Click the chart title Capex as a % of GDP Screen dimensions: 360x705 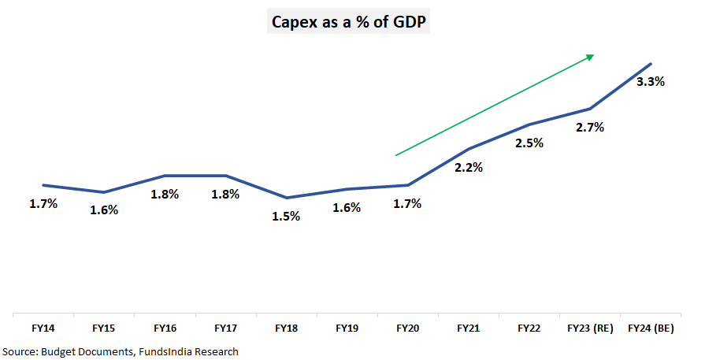(x=350, y=23)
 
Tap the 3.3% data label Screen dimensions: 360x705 (x=651, y=81)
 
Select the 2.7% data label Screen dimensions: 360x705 (x=590, y=127)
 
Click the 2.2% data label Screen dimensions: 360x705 (x=469, y=167)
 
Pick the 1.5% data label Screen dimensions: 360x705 (x=286, y=216)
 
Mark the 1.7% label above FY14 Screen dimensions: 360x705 (x=43, y=203)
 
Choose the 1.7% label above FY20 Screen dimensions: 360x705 (x=407, y=203)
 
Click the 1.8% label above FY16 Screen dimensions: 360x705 (x=165, y=194)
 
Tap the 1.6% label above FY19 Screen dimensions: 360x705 (x=347, y=208)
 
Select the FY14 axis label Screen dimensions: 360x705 (x=43, y=327)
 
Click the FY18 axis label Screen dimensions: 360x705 (x=286, y=327)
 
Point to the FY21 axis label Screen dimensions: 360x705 (x=469, y=327)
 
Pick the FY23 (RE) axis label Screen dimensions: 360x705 (x=590, y=327)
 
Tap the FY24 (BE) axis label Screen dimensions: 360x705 (x=651, y=327)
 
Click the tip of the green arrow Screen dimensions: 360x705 (x=593, y=56)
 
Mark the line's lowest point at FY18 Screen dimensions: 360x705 (x=287, y=198)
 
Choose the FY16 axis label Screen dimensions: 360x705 (x=165, y=327)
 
